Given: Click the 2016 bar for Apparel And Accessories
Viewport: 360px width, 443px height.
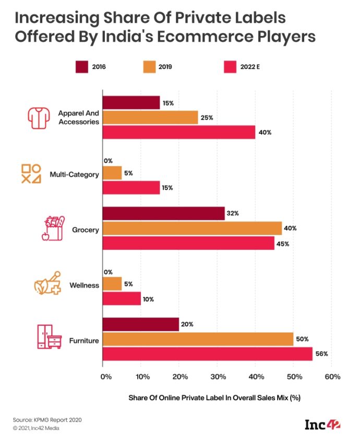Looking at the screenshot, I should click(x=131, y=103).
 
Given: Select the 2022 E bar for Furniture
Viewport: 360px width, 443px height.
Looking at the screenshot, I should click(x=207, y=354).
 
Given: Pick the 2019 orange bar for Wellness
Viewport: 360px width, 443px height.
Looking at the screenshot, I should click(x=112, y=286).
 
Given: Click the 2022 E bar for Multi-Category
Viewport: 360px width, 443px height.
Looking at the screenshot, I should click(x=131, y=188).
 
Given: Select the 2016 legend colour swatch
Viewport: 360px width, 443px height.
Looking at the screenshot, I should click(x=82, y=67).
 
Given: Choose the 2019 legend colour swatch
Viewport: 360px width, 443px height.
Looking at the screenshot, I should click(x=149, y=67).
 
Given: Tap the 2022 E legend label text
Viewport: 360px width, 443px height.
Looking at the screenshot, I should click(x=250, y=67).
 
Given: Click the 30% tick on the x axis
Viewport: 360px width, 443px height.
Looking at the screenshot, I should click(x=218, y=377).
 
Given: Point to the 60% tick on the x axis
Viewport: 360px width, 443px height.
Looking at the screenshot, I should click(x=332, y=377).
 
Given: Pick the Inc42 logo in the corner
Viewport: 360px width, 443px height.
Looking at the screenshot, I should click(x=322, y=425).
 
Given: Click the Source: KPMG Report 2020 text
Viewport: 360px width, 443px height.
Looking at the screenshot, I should click(x=47, y=420).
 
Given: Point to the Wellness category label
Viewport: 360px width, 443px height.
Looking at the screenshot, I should click(x=83, y=286).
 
